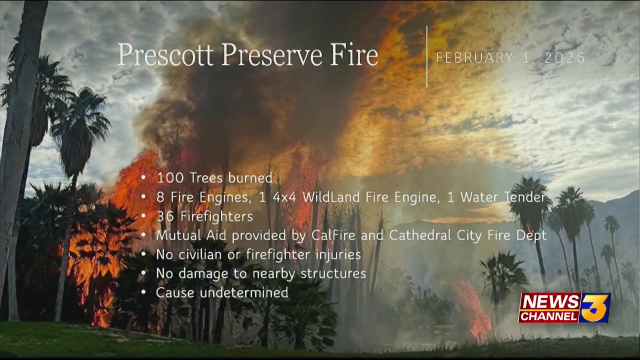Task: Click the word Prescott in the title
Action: coord(166,55)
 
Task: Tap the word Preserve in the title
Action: coord(272,55)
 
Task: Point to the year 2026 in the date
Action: coord(564,58)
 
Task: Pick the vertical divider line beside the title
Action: coord(427,56)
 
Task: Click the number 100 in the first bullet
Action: coord(168,178)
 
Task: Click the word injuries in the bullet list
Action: coord(338,254)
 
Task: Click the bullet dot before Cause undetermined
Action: coord(144,293)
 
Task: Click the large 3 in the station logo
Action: coord(595,307)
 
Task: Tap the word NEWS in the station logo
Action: coord(549,302)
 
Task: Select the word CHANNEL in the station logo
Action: coord(548,316)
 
